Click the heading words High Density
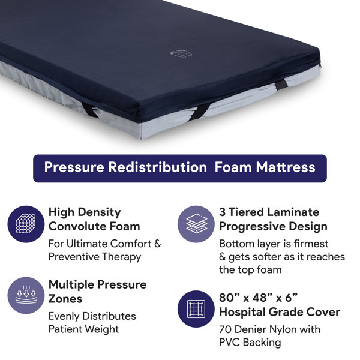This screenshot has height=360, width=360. (85, 212)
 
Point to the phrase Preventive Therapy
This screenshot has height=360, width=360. (95, 257)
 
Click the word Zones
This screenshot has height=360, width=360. (65, 299)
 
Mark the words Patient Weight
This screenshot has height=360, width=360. (83, 329)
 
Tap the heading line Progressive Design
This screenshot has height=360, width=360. (273, 227)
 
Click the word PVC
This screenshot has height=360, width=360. (230, 342)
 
